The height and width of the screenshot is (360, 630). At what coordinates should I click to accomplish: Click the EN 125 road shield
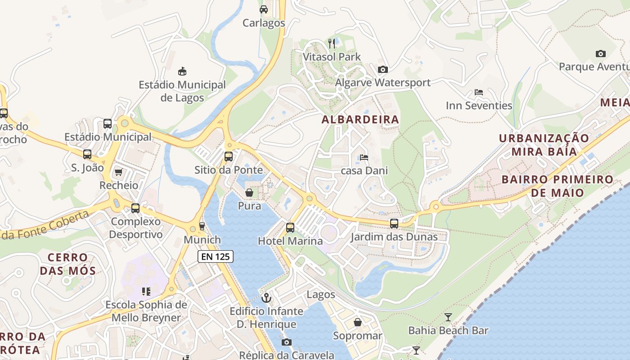click(216, 257)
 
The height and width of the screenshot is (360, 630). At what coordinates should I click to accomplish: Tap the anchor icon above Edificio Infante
click(267, 298)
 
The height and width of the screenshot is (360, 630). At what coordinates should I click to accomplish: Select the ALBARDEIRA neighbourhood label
click(360, 119)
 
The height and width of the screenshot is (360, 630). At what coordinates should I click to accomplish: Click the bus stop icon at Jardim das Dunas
click(394, 224)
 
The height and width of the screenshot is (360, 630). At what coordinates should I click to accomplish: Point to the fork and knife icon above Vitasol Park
click(332, 44)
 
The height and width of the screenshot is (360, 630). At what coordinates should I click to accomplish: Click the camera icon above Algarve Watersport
click(383, 69)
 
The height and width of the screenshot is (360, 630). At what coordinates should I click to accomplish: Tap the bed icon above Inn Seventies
click(479, 92)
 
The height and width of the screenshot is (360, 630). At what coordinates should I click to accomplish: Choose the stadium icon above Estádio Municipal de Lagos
click(182, 71)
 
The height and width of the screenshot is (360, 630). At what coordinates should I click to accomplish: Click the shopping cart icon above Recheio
click(119, 172)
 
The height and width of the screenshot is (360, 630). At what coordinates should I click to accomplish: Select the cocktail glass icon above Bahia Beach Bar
click(448, 317)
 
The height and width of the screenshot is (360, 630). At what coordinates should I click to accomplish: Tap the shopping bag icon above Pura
click(249, 193)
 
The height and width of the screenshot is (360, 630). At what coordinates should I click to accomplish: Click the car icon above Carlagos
click(264, 9)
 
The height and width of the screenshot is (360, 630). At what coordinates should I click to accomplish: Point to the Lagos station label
click(320, 294)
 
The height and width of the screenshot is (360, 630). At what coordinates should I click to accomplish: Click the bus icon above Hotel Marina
click(290, 228)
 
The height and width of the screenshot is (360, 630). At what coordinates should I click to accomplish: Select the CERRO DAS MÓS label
click(68, 264)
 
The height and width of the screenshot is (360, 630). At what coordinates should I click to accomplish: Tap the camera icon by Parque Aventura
click(601, 54)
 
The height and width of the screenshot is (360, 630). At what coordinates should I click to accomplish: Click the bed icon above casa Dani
click(364, 157)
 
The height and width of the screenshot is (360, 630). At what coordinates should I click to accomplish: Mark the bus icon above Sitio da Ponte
click(229, 157)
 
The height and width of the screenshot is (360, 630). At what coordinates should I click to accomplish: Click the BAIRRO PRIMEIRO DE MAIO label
click(557, 186)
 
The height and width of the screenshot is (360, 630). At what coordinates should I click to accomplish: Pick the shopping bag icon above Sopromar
click(358, 322)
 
